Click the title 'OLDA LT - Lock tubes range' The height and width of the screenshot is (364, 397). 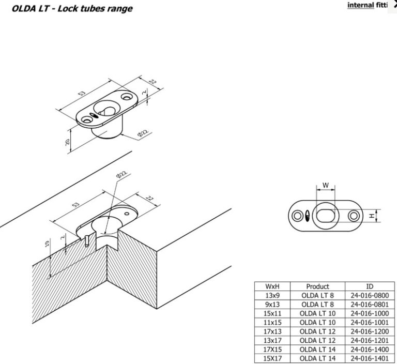[72, 9]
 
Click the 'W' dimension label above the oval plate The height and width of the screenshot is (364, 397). [326, 185]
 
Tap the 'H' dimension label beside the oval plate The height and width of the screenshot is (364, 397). [372, 216]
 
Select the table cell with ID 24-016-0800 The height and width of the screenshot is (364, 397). [370, 295]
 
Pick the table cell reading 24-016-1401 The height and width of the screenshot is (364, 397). [370, 358]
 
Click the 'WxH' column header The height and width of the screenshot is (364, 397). [272, 286]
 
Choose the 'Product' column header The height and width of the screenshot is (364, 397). [317, 286]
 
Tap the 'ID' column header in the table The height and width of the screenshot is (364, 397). [370, 286]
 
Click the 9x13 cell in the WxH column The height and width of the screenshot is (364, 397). [272, 304]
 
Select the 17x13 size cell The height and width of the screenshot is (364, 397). [272, 331]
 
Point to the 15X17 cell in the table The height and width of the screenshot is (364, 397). [272, 358]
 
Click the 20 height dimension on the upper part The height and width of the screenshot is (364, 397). [67, 142]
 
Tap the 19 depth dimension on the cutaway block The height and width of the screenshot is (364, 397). [47, 244]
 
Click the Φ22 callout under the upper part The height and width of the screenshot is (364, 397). [143, 133]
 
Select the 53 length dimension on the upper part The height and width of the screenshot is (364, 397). [82, 94]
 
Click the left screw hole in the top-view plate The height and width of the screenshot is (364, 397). [297, 216]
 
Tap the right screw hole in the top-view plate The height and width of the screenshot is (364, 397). [354, 216]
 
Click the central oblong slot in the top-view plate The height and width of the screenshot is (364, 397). [326, 216]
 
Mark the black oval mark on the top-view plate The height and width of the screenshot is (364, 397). [308, 216]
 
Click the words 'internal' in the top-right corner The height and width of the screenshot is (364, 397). [360, 5]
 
